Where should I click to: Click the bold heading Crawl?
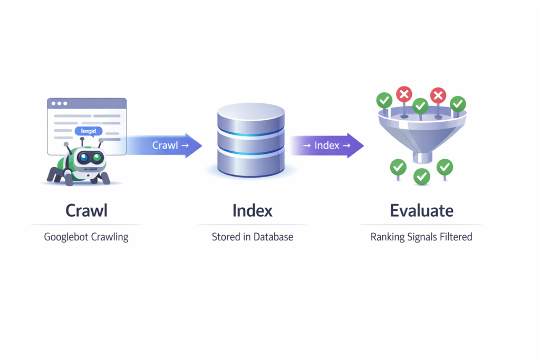(x=86, y=211)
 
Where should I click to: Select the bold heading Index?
(x=252, y=211)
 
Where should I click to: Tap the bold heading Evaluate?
(x=421, y=211)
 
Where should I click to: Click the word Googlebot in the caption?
(x=66, y=237)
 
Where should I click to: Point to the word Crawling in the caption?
(x=110, y=237)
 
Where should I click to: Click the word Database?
(x=273, y=237)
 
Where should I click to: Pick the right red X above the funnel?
(x=438, y=95)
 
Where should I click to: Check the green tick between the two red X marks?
(x=420, y=106)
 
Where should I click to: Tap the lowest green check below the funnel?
(x=421, y=177)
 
